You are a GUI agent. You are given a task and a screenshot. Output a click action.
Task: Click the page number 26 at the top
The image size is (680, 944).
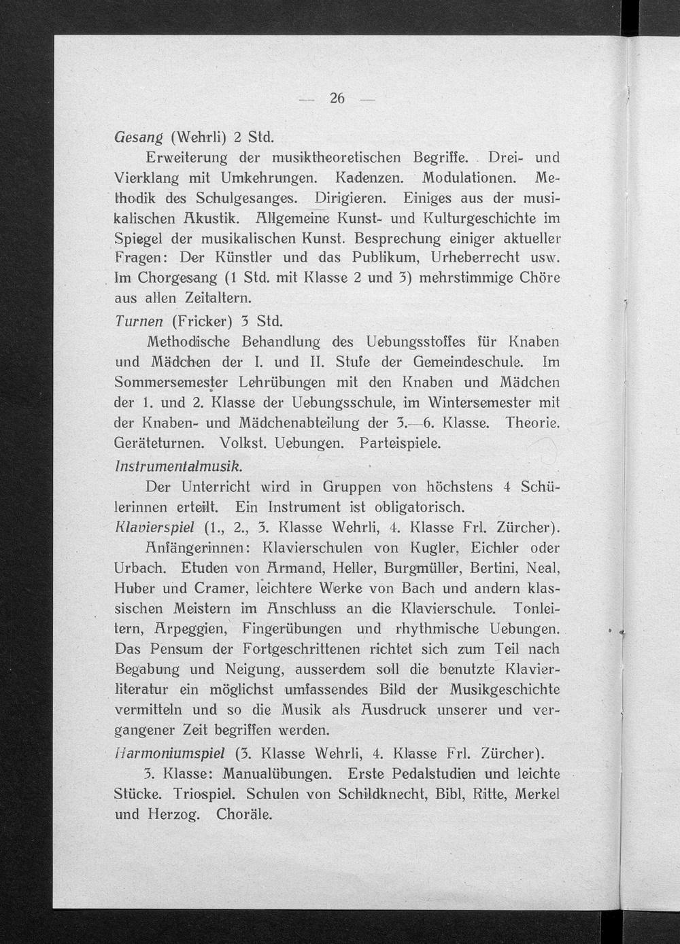pos(337,99)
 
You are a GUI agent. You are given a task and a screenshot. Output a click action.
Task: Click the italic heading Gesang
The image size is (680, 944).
pos(138,137)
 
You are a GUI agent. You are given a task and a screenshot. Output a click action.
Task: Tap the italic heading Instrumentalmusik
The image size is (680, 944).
pos(178,467)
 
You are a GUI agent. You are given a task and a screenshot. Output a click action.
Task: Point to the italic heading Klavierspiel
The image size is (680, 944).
pos(155,527)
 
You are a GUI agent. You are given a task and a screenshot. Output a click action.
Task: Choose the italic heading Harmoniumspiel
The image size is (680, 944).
pos(170,753)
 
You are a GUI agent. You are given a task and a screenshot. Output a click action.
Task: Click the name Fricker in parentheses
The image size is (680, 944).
pos(205,319)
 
